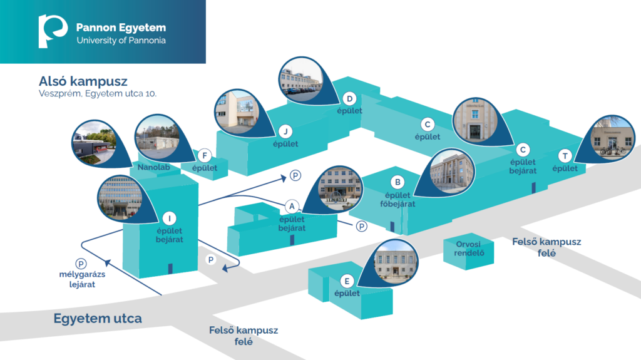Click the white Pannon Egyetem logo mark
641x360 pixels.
[52, 31]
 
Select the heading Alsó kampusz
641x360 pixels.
[83, 81]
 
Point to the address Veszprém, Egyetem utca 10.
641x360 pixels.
[98, 94]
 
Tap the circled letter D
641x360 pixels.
[349, 98]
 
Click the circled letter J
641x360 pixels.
[285, 131]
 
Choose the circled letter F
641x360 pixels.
[205, 155]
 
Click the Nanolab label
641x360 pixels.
[154, 167]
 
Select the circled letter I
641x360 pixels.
[169, 219]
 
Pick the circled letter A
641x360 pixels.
[292, 207]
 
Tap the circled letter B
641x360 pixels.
[397, 182]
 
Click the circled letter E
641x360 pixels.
[347, 281]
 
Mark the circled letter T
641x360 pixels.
[565, 156]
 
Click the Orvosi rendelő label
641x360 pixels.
[469, 249]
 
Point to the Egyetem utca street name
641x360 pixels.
[98, 318]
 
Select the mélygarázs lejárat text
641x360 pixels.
[82, 279]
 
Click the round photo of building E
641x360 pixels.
[396, 262]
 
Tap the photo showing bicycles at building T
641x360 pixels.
[612, 138]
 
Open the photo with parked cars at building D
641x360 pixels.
[300, 80]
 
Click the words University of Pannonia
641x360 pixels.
[121, 40]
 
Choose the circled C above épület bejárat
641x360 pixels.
[523, 150]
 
